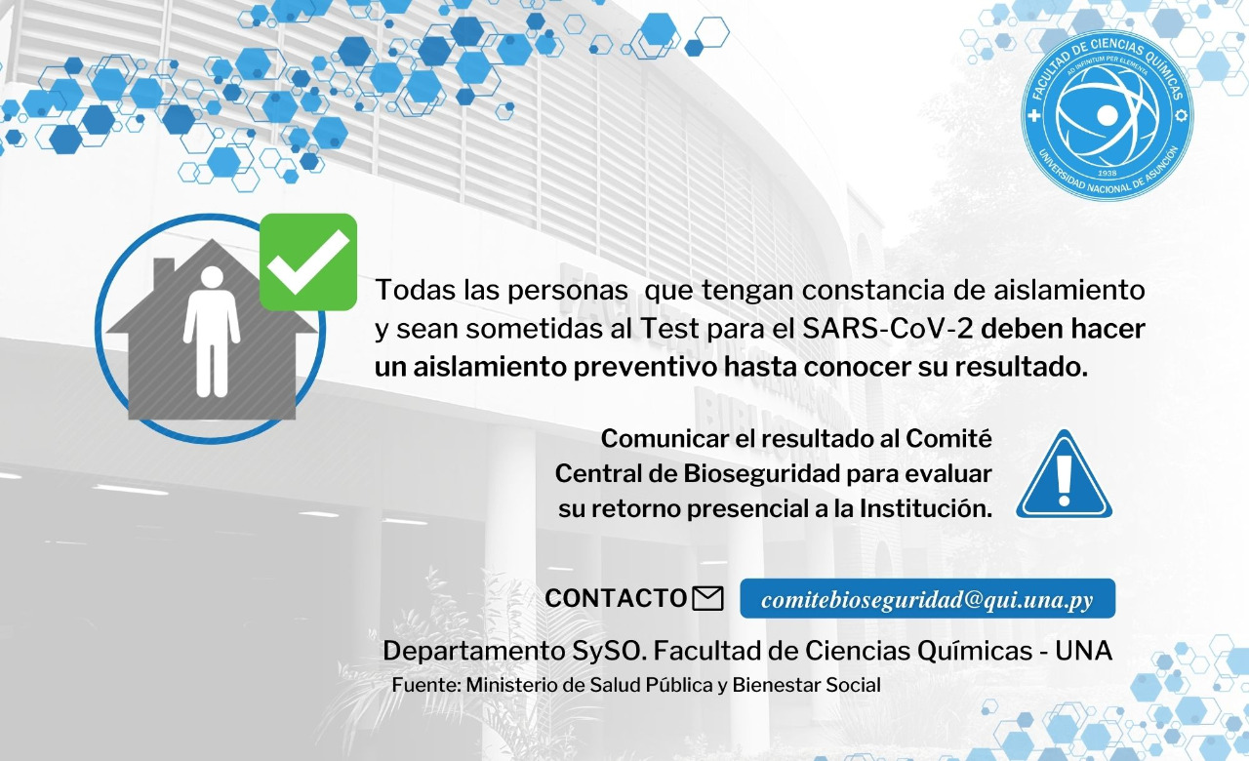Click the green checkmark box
308,261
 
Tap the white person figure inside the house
212,332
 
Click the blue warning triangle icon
1064,474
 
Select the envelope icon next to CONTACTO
707,599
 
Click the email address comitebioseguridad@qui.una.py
927,599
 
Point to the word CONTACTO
616,598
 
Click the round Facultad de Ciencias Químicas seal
1108,115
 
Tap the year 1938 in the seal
1108,173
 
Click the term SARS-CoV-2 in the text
888,329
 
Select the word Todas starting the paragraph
416,290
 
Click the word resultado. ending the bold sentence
1022,367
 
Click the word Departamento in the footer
474,651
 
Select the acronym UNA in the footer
1083,651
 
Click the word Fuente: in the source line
426,685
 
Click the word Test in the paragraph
669,329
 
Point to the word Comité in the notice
948,439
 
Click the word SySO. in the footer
610,651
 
